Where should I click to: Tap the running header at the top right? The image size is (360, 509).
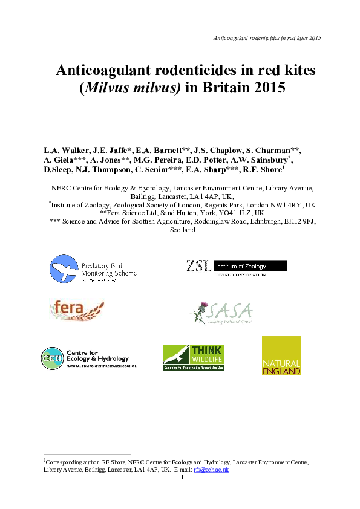point(267,37)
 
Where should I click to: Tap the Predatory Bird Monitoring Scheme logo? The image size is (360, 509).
point(93,269)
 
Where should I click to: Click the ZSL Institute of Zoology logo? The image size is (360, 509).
point(236,267)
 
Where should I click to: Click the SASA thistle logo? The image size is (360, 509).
point(221,311)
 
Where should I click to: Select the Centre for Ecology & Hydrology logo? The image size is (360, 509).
point(88,357)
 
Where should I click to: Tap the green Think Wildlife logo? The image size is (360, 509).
point(193,357)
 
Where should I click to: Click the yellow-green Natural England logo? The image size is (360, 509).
point(281,356)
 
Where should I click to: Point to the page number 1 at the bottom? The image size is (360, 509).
point(182,478)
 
